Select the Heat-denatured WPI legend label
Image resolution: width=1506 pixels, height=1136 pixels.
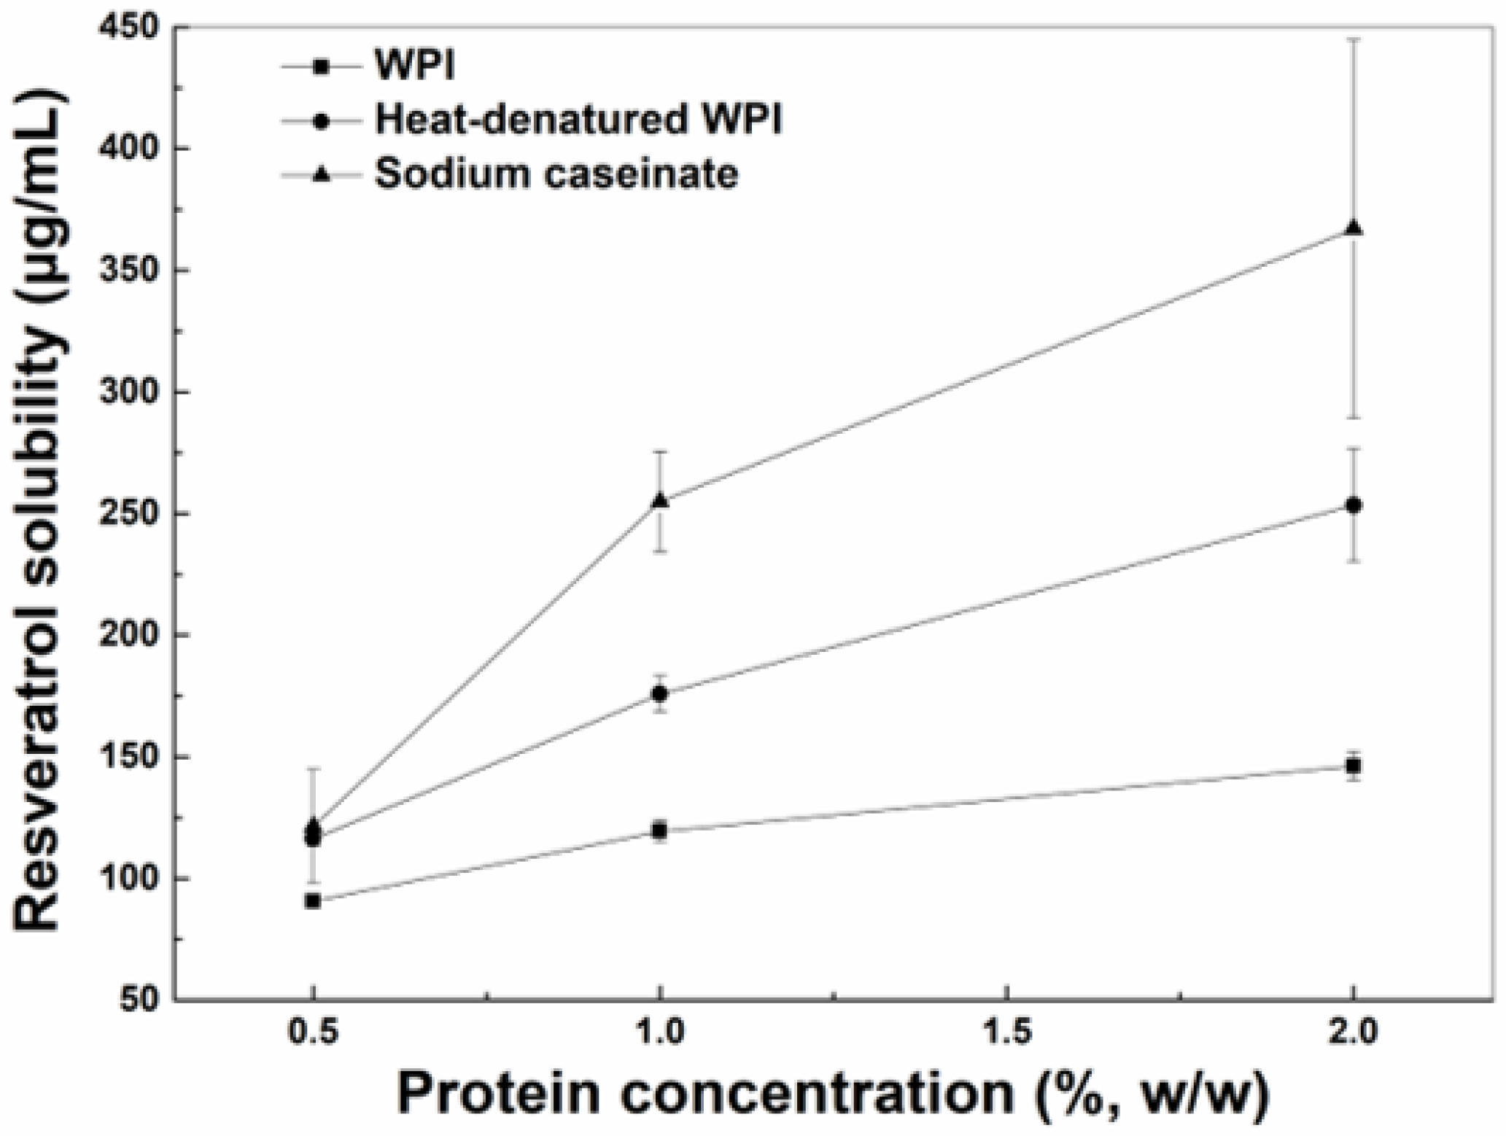click(578, 120)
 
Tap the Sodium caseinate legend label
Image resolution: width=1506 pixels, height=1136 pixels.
click(556, 174)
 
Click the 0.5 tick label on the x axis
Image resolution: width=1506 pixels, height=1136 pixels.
click(313, 1034)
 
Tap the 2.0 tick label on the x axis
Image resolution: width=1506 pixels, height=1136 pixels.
click(1353, 1034)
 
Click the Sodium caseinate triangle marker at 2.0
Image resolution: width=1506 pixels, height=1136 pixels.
click(1353, 229)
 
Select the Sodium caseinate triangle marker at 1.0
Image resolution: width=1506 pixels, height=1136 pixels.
click(660, 501)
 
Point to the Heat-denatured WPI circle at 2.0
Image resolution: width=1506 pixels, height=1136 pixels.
click(1353, 505)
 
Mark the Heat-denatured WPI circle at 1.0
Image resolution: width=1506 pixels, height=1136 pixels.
click(660, 694)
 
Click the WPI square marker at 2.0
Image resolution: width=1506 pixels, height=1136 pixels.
click(1353, 766)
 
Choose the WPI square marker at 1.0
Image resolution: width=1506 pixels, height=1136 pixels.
click(660, 830)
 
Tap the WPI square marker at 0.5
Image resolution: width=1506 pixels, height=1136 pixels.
click(313, 901)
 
